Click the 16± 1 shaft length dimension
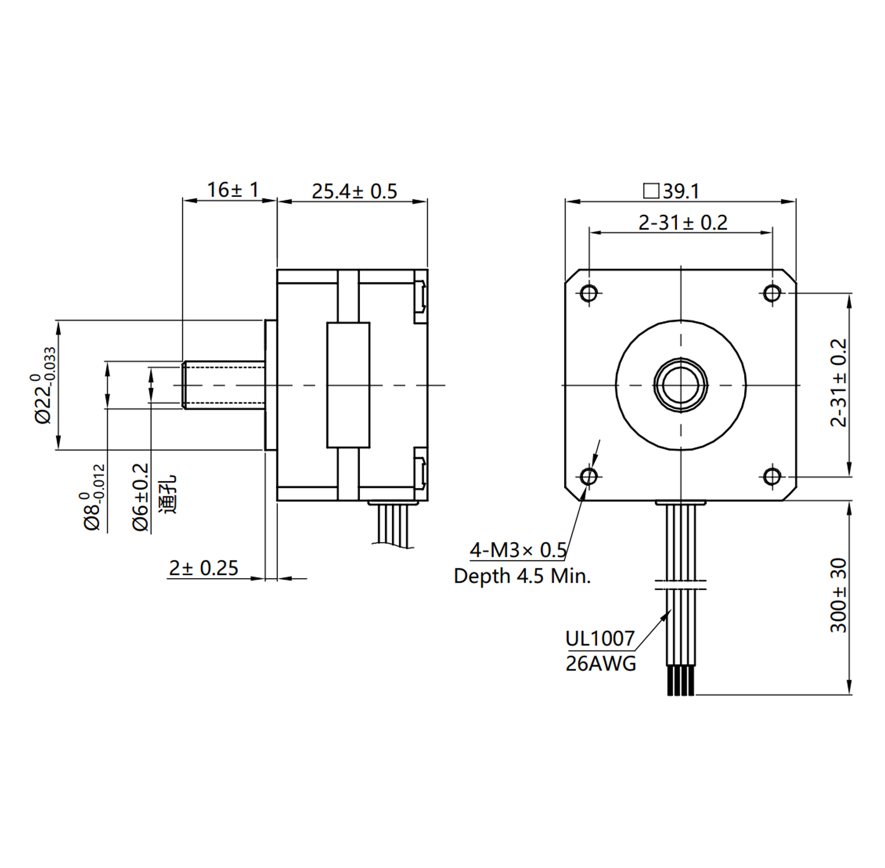pos(233,190)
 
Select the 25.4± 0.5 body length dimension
pos(354,191)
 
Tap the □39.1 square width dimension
pos(671,191)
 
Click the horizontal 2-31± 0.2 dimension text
pos(682,223)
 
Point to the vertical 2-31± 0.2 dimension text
pos(838,383)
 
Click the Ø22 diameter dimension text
pos(45,386)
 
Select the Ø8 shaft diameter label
pos(92,497)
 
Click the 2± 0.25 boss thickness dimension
pos(204,568)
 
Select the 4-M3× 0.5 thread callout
pos(518,550)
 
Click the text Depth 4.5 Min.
pos(522,576)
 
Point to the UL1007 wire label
pos(600,639)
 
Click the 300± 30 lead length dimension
pos(838,595)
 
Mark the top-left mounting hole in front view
pos(589,293)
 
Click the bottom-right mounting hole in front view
pos(772,477)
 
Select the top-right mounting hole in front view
pos(772,293)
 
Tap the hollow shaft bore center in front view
pos(680,385)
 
